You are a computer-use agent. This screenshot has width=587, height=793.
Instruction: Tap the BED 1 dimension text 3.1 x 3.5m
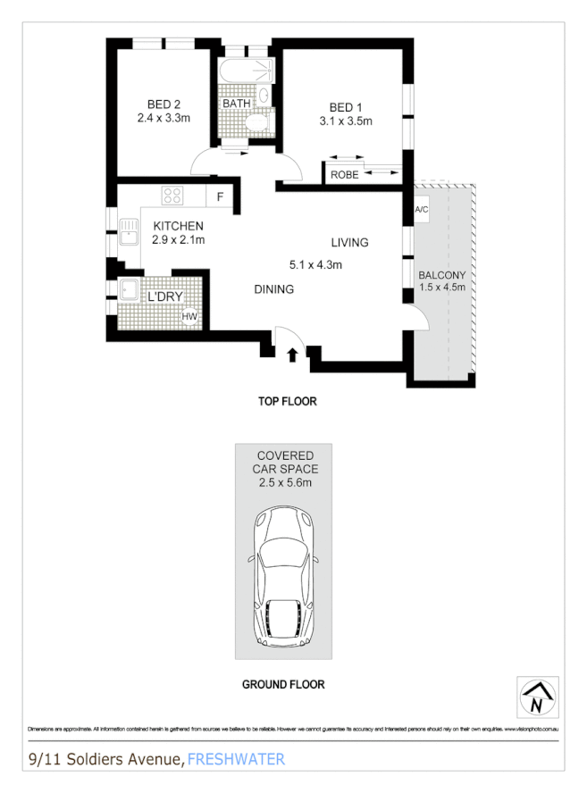point(345,121)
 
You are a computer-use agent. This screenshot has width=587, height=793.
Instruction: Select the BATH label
point(237,104)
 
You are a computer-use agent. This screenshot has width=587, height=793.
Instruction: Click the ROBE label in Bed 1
point(344,175)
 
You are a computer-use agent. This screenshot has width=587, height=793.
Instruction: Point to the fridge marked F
point(220,196)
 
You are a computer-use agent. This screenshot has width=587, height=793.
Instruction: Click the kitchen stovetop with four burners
point(172,195)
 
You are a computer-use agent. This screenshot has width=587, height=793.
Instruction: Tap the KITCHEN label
point(178,226)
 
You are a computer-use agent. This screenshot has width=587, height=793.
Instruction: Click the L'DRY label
point(164,296)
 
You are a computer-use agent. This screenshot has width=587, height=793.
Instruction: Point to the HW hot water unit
point(189,315)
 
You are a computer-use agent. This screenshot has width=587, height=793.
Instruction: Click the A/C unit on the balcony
point(422,209)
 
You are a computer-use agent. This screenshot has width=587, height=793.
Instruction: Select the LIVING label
point(349,242)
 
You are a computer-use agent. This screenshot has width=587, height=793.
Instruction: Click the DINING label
point(273,289)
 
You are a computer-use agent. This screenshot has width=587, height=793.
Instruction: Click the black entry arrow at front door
point(292,355)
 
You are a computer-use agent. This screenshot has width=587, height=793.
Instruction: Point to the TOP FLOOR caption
point(287,402)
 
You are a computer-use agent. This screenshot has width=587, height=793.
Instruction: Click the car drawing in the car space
point(283,577)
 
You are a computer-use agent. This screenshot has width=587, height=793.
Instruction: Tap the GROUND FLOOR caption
point(283,685)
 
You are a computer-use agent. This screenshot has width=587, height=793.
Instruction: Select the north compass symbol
point(536,697)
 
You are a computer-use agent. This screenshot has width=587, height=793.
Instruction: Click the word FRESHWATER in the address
point(236,759)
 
